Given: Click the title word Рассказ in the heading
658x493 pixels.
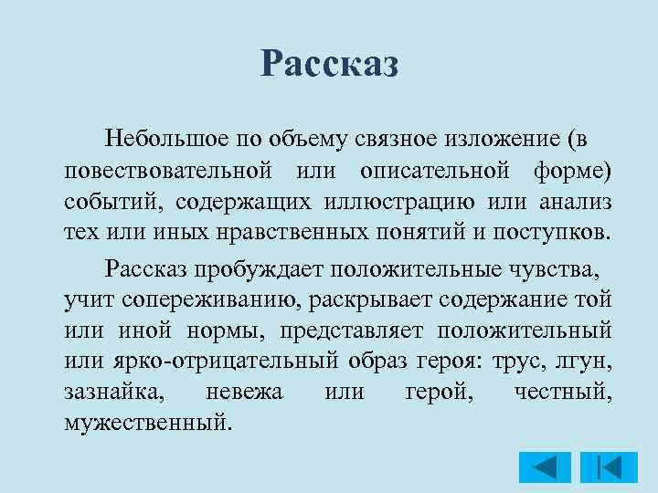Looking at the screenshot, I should tap(329, 64).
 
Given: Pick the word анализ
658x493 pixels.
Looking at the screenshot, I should tap(574, 202).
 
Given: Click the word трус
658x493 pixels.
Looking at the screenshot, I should tap(523, 362).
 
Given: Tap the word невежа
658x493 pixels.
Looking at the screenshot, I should tap(245, 393).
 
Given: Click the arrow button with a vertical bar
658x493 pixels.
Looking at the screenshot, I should tap(602, 467).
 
